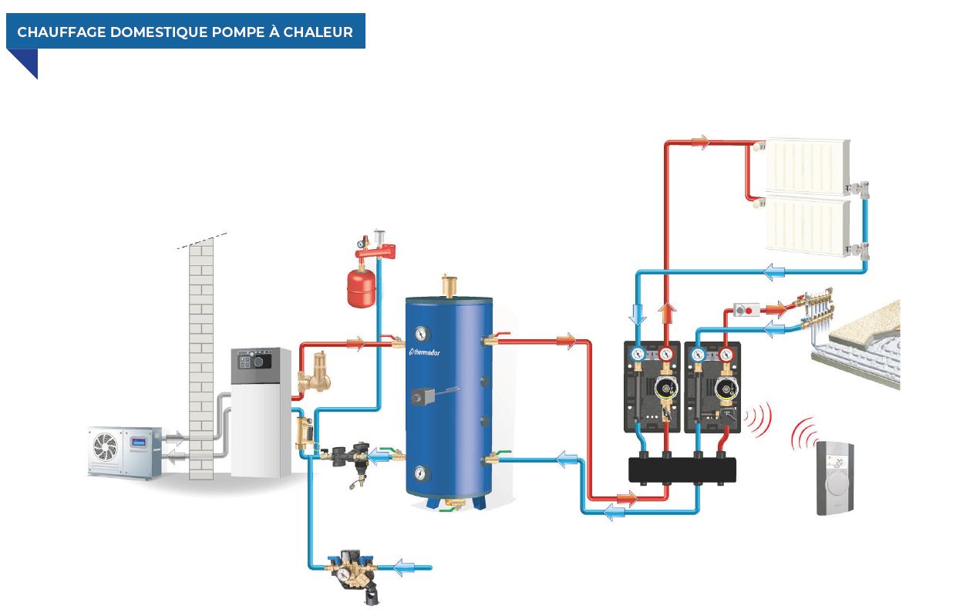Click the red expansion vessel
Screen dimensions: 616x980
coord(361,287)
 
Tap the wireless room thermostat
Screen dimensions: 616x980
coord(835,477)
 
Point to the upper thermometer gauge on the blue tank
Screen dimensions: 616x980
coord(421,335)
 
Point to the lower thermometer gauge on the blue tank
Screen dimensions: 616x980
coord(421,473)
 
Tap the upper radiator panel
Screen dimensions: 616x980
coord(806,166)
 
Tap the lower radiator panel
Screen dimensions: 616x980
coord(806,225)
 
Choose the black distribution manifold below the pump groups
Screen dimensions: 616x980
coord(682,470)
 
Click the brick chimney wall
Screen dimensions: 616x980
coord(201,355)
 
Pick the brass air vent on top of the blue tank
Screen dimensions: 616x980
coord(448,286)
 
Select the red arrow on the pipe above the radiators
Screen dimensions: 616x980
coord(699,142)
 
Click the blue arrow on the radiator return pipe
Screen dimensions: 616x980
coord(773,271)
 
